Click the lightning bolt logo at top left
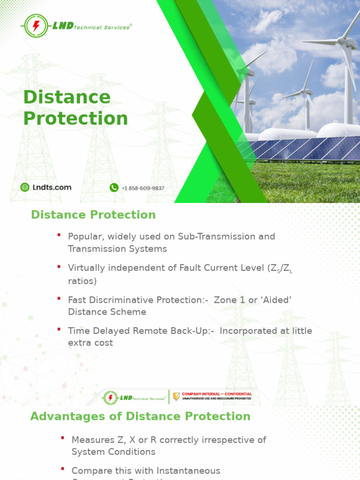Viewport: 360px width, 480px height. pos(36,26)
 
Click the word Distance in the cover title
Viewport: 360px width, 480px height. pos(67,97)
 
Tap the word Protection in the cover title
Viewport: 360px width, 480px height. pos(75,119)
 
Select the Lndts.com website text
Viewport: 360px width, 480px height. pos(52,187)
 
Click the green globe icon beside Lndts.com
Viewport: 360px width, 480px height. pos(25,187)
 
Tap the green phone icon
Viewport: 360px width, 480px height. pos(114,187)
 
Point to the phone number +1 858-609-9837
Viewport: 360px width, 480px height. pos(143,188)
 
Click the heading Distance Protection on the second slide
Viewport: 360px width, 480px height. pos(93,215)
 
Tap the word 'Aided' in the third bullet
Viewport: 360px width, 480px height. pos(276,300)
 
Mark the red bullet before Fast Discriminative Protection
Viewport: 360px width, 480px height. pos(59,298)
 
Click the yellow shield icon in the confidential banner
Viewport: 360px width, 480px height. pos(176,397)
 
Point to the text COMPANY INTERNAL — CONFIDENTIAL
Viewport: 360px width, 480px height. pos(217,394)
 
